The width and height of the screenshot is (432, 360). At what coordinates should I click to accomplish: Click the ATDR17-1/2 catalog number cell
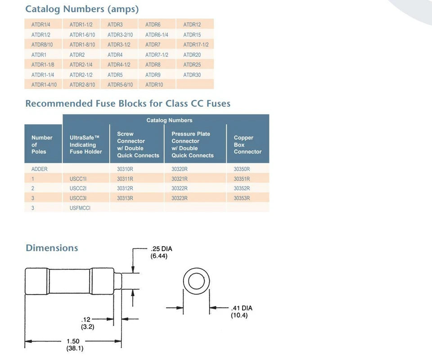click(196, 45)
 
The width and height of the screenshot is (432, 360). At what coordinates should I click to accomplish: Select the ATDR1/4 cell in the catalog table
click(41, 24)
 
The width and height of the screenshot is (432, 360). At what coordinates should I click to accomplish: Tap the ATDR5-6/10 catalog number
click(120, 85)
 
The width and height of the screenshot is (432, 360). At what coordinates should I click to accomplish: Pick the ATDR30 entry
click(192, 75)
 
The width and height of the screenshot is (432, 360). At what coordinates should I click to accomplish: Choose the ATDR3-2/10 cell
click(120, 35)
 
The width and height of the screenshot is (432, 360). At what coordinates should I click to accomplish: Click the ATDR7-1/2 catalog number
click(157, 55)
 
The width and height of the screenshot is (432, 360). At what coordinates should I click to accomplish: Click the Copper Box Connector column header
click(247, 144)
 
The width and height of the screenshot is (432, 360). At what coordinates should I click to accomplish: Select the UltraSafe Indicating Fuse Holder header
click(85, 144)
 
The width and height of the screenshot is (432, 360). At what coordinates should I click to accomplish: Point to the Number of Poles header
click(42, 144)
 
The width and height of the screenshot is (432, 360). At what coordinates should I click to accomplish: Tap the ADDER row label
click(40, 169)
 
